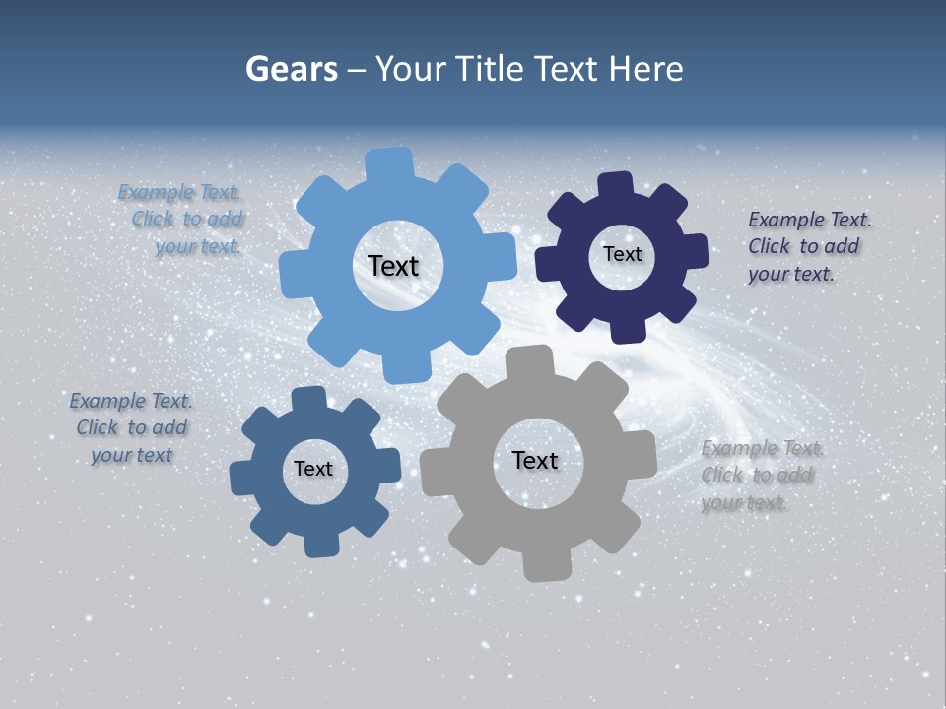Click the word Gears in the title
(291, 69)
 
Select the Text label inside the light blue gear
(393, 266)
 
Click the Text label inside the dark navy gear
(622, 254)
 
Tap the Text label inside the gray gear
(535, 460)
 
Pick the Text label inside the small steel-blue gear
(313, 469)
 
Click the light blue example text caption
(182, 220)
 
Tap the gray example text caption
(760, 476)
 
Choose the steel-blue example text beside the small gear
(131, 428)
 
